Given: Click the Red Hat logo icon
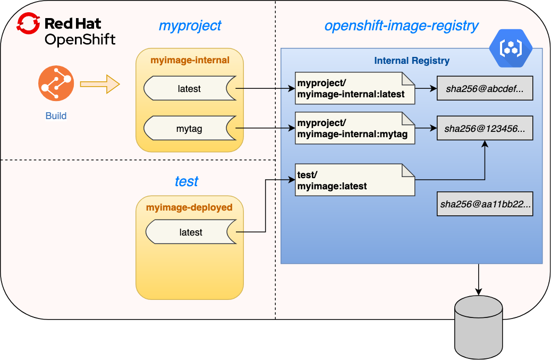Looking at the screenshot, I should (29, 24).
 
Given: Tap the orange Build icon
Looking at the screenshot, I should (55, 85).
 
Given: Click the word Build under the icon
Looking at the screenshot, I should (56, 116).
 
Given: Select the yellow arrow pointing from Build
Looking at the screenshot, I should (100, 84).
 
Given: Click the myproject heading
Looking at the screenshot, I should (190, 26).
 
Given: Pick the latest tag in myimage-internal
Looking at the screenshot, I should (189, 89).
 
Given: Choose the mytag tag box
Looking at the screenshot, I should (189, 129).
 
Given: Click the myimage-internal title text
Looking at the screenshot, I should (190, 60).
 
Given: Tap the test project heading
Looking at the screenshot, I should (187, 181).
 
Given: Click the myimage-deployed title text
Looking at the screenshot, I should (189, 207).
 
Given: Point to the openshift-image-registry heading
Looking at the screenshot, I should (401, 26).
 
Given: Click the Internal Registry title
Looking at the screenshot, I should (411, 61).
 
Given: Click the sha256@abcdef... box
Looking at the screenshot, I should (485, 89).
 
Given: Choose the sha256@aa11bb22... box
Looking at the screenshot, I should (485, 204).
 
